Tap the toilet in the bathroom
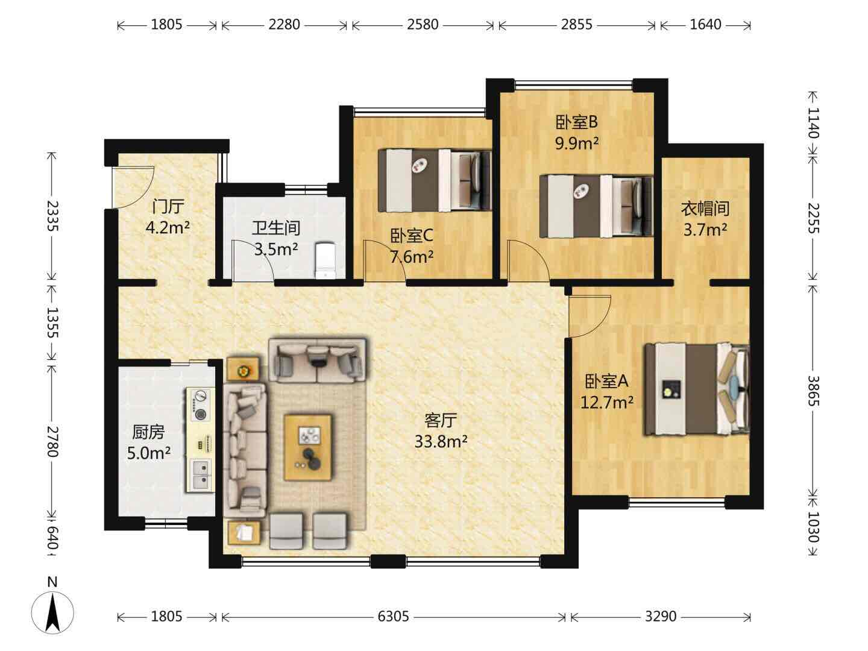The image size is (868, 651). click(x=325, y=260)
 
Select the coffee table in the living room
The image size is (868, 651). click(x=308, y=447)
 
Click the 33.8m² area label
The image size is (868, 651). click(x=441, y=441)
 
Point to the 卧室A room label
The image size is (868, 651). click(x=606, y=381)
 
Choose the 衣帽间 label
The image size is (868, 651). click(x=705, y=209)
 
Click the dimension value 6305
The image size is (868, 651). click(x=393, y=616)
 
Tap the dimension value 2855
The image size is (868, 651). click(x=577, y=25)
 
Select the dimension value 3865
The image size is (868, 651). click(x=813, y=391)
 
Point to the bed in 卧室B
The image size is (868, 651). click(x=596, y=206)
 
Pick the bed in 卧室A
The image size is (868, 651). click(x=697, y=389)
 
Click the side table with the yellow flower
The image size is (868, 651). click(x=243, y=370)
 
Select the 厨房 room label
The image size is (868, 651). click(x=148, y=432)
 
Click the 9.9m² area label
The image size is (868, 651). click(x=577, y=143)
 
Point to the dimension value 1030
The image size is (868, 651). click(x=813, y=527)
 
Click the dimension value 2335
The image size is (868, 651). click(x=52, y=216)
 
